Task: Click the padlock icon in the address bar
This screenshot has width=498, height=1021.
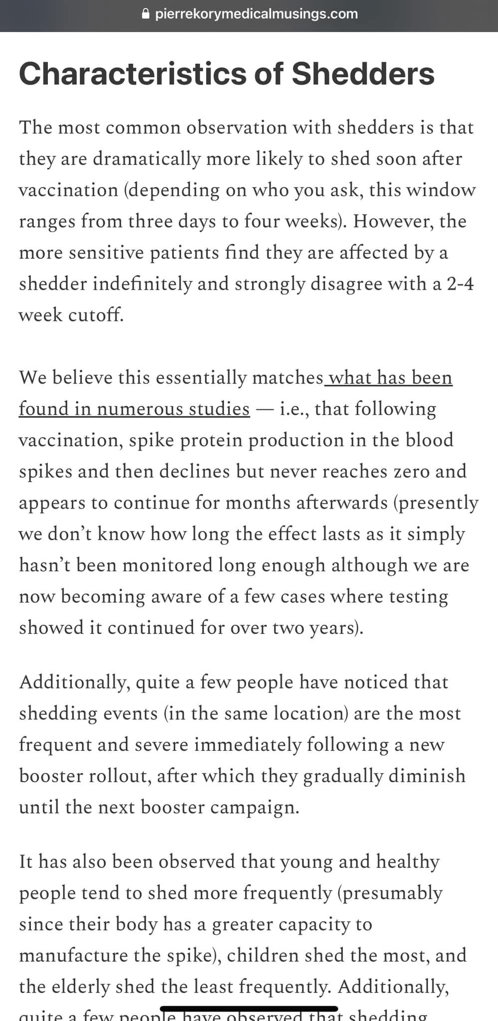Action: [x=146, y=14]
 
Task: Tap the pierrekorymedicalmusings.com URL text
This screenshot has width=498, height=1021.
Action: [x=256, y=14]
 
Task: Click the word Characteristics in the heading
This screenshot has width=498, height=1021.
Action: [x=132, y=74]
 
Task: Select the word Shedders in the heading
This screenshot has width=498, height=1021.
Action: [x=363, y=74]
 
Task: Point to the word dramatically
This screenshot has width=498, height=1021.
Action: [x=146, y=159]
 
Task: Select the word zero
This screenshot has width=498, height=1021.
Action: [x=412, y=471]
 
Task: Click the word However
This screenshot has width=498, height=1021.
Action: [x=393, y=221]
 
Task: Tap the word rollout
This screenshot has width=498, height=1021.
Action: [x=122, y=776]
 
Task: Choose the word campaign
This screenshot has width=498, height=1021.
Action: [x=254, y=807]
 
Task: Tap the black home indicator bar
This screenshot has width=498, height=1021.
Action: [x=249, y=1009]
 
